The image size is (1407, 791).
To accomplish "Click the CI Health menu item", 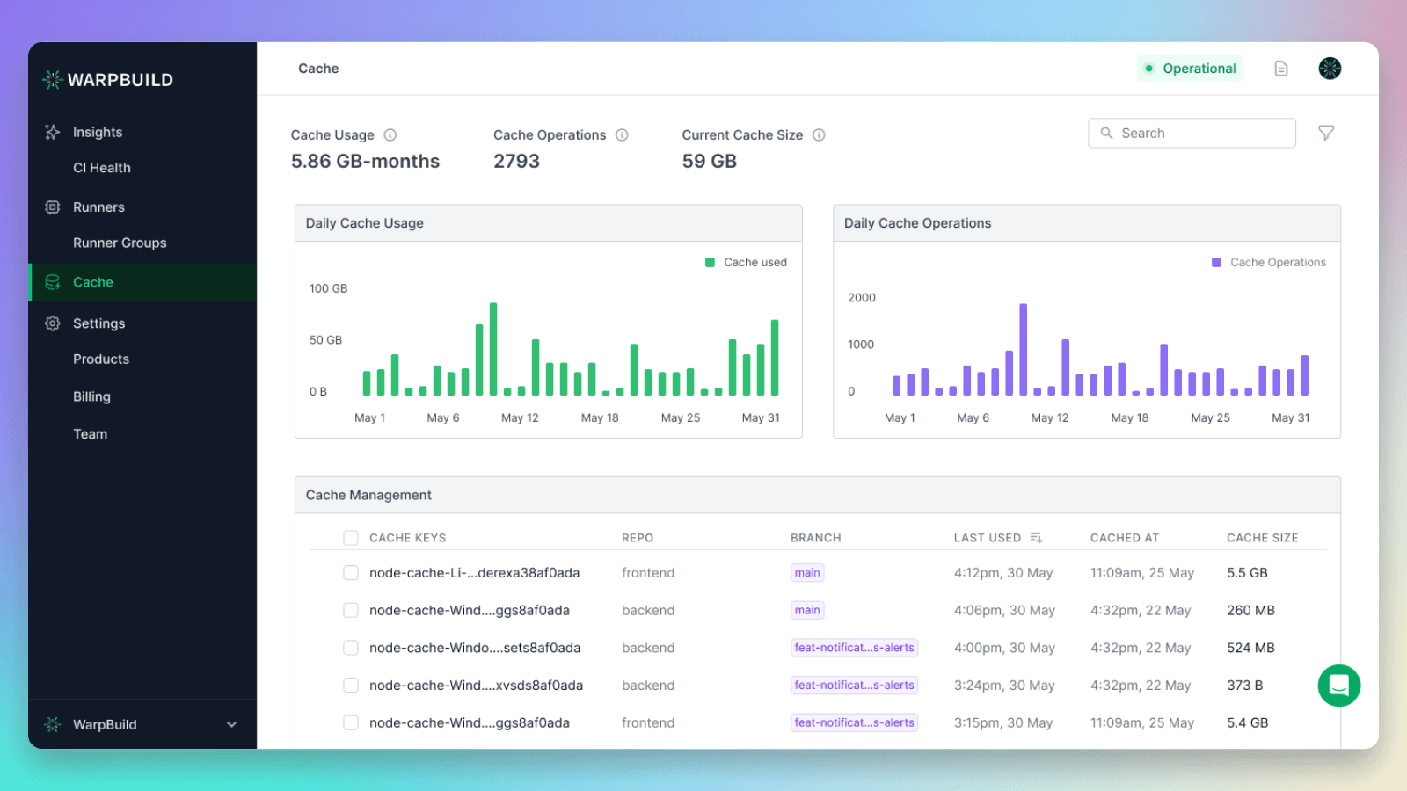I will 101,168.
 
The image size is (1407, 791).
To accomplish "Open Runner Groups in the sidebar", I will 120,243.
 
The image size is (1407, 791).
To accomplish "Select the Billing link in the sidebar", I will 91,396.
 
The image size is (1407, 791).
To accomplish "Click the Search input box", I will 1192,133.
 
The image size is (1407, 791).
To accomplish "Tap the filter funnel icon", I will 1326,133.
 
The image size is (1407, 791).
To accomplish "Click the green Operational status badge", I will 1190,69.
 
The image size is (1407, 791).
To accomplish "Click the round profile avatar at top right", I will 1330,69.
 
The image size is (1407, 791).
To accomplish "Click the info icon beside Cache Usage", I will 390,135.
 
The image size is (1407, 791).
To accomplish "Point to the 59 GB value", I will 709,162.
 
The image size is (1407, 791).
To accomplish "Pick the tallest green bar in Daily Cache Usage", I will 493,349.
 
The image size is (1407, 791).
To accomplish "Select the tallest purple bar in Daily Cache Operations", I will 1023,349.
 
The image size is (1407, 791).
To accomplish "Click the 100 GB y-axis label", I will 328,288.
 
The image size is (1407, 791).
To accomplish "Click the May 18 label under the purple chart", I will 1129,417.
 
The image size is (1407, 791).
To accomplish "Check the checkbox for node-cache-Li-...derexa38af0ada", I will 351,573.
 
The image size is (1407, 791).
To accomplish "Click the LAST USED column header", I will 988,538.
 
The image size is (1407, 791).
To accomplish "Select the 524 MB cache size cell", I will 1250,648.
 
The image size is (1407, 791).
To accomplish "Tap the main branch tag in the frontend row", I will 806,573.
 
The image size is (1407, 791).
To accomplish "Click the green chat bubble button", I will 1338,686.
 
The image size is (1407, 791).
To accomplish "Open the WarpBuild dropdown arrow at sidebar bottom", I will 231,724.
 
